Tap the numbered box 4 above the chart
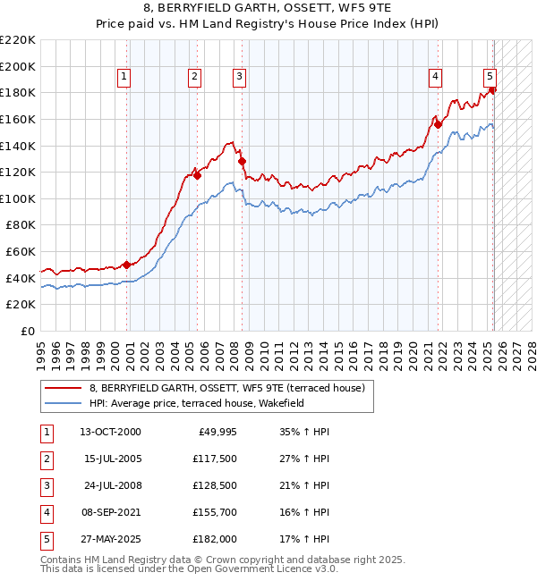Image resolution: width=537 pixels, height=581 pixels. [434, 78]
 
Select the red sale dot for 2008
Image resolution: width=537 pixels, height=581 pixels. [242, 161]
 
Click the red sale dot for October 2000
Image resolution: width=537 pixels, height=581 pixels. [127, 265]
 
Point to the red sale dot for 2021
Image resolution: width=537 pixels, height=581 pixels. [438, 124]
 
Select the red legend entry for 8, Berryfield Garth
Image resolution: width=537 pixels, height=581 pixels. [226, 389]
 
